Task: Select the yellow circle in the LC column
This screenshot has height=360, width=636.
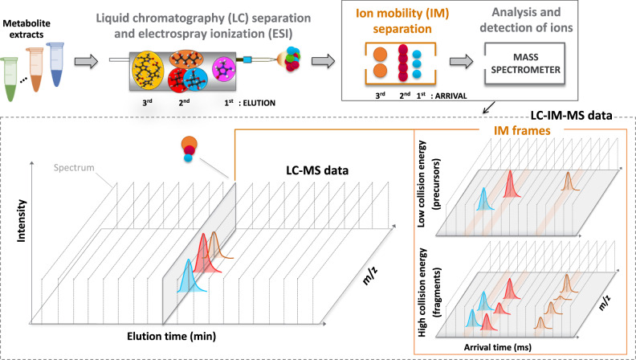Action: [149, 60]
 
